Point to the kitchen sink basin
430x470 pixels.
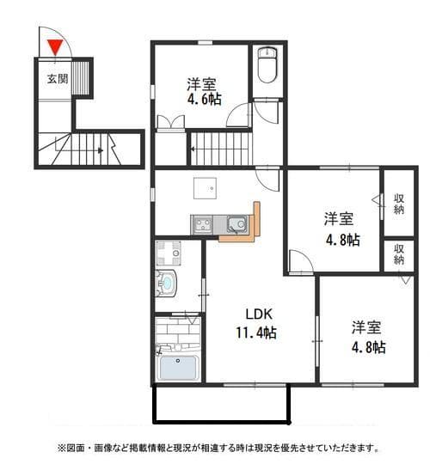coord(236,226)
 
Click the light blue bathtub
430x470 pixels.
coord(179,368)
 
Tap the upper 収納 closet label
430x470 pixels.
coord(399,204)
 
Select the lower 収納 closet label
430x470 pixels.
coord(399,253)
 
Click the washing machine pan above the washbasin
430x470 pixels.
coord(168,253)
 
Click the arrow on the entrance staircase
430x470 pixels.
coord(101,152)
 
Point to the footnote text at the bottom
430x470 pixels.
coord(218,449)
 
